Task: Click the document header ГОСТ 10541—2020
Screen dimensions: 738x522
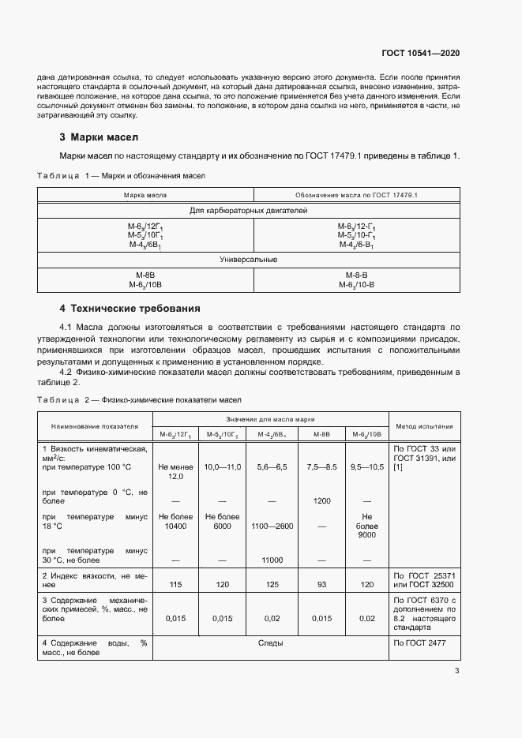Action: tap(421, 53)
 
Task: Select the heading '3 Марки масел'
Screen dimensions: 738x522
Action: tap(99, 136)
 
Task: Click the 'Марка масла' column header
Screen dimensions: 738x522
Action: tap(145, 194)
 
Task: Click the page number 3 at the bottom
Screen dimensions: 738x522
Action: tap(456, 671)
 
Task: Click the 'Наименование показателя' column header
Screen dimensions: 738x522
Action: tap(95, 425)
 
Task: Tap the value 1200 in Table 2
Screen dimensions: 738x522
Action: tap(321, 501)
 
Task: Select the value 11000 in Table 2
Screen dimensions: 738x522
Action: tap(271, 560)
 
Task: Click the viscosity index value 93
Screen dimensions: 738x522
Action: tap(321, 586)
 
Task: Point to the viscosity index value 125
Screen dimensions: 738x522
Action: tap(271, 586)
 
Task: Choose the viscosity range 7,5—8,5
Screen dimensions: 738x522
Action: tap(321, 467)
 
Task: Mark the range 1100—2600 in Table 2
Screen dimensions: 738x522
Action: tap(271, 526)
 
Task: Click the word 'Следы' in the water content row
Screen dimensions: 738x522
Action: tap(271, 643)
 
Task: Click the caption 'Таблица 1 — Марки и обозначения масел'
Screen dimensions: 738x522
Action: tap(122, 175)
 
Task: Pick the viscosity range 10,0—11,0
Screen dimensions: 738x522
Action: tap(222, 467)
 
